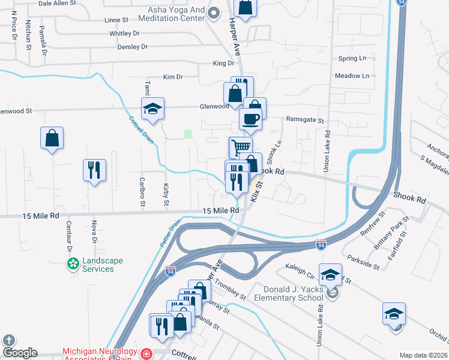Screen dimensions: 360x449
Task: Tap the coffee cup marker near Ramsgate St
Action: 250,119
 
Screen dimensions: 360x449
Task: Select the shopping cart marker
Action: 241,147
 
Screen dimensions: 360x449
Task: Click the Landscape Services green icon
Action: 73,263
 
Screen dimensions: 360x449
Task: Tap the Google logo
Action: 20,352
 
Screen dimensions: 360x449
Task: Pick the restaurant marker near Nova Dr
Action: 94,170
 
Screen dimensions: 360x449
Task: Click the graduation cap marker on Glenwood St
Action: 152,109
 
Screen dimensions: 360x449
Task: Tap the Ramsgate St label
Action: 304,119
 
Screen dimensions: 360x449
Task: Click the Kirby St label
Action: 166,194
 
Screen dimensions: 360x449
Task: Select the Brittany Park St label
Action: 397,229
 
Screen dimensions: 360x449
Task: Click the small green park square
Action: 188,134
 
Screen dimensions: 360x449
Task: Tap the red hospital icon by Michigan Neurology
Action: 145,354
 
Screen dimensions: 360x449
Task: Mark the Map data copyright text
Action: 423,355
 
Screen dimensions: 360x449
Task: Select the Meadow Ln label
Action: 352,76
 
